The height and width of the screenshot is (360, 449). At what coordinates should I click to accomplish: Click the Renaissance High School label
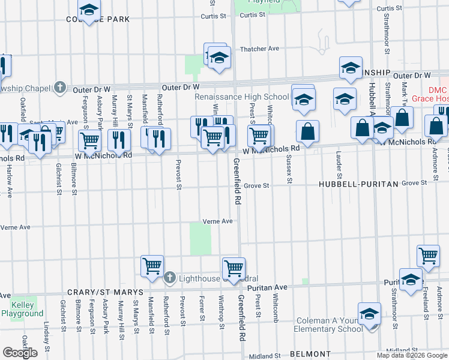pyautogui.click(x=242, y=97)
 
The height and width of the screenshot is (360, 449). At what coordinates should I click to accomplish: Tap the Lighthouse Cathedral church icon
pyautogui.click(x=170, y=278)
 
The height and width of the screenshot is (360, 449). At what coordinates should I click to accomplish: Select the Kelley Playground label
pyautogui.click(x=22, y=309)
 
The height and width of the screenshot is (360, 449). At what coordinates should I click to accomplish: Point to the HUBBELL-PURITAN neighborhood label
pyautogui.click(x=358, y=184)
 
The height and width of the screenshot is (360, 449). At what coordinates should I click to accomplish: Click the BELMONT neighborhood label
pyautogui.click(x=310, y=355)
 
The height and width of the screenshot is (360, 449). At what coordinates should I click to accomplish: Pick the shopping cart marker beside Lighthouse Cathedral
pyautogui.click(x=152, y=265)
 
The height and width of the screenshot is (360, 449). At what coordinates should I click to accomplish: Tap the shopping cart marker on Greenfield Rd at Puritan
pyautogui.click(x=234, y=267)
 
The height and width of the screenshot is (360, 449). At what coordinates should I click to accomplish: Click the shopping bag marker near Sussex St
pyautogui.click(x=307, y=132)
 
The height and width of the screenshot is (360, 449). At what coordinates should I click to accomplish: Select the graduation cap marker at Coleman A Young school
pyautogui.click(x=369, y=314)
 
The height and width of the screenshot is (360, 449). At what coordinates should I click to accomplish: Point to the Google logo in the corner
pyautogui.click(x=20, y=353)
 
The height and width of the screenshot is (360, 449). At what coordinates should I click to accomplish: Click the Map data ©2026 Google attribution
pyautogui.click(x=412, y=355)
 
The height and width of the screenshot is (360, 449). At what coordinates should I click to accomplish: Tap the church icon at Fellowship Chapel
pyautogui.click(x=59, y=88)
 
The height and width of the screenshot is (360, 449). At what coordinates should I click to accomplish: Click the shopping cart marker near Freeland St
pyautogui.click(x=428, y=255)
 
